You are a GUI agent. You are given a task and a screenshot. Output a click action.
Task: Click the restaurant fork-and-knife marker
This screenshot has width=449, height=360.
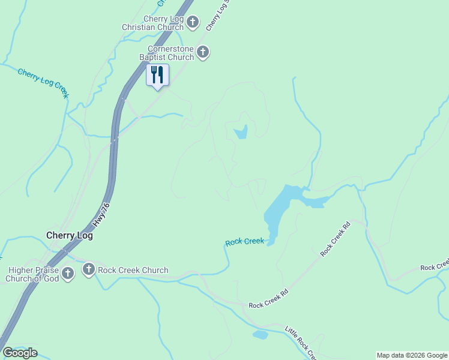click(157, 75)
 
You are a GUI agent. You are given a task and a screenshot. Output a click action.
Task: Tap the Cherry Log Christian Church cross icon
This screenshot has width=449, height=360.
click(193, 23)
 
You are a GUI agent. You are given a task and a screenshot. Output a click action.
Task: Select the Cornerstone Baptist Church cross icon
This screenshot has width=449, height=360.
click(203, 52)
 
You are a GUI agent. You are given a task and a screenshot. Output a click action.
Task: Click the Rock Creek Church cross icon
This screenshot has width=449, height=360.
click(89, 269)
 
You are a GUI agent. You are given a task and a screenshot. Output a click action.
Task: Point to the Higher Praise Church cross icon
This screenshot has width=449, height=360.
click(68, 274)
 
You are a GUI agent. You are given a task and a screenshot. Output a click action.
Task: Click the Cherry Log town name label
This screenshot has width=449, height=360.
click(70, 236)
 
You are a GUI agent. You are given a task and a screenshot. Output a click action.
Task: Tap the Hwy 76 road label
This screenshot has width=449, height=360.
click(102, 215)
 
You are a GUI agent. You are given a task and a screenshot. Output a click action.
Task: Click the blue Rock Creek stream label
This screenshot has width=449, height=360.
click(244, 241)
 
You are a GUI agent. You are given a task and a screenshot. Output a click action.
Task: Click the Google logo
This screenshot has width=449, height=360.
click(20, 353)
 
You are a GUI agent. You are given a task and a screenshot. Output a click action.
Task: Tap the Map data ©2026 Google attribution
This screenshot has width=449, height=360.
click(412, 355)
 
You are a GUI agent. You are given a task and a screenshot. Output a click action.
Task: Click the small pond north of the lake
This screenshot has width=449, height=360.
click(241, 132)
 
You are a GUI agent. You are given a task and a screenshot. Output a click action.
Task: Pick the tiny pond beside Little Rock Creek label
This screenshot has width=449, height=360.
click(260, 335)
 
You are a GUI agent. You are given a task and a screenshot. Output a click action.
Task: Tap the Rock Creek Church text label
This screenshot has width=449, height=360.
click(133, 270)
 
